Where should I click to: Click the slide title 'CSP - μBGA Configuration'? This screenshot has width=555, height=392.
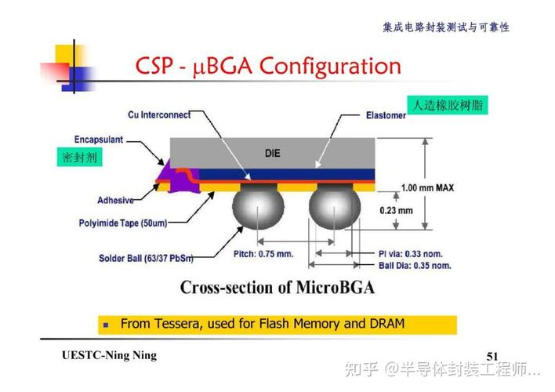[x=269, y=67]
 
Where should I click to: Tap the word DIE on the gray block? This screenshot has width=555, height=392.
[x=272, y=153]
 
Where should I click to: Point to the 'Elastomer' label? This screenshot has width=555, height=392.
[x=386, y=116]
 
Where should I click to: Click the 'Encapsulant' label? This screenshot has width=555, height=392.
[x=98, y=140]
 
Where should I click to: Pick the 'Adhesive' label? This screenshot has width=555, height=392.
[x=115, y=200]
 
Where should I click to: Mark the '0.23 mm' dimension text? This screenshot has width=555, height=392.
[x=396, y=210]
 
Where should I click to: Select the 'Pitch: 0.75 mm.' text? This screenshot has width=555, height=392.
[x=263, y=253]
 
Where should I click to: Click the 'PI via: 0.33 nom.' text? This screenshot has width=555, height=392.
[x=410, y=253]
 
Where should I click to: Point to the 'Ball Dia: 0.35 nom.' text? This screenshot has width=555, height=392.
[x=410, y=266]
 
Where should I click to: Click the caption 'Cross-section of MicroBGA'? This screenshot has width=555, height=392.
[x=277, y=288]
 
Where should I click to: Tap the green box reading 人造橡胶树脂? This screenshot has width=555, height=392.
[x=448, y=105]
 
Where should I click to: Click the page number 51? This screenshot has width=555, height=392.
[x=492, y=357]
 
